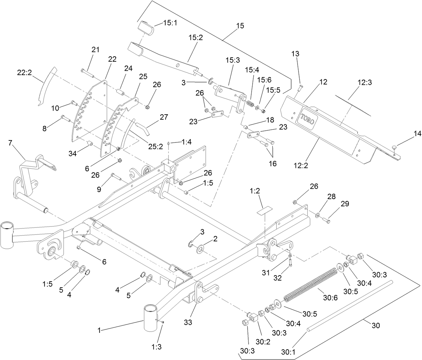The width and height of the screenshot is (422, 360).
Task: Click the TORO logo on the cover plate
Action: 308,118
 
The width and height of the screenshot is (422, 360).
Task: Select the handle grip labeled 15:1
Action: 145,27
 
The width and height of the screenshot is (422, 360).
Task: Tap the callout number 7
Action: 11,143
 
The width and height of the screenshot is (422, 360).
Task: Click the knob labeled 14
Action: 395,147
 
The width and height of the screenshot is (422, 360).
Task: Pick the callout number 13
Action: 295,54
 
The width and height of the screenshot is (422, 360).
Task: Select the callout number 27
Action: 164,117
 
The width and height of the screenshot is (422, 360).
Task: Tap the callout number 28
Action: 331,196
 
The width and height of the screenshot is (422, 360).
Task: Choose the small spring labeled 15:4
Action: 250,104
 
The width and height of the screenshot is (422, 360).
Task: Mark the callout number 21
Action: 96,50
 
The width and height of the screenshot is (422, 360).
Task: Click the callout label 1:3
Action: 156,347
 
